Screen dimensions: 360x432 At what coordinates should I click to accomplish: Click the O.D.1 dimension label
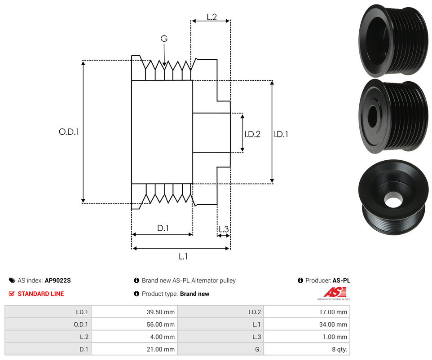pyautogui.click(x=69, y=132)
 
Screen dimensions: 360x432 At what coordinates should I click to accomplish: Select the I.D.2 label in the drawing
pyautogui.click(x=252, y=134)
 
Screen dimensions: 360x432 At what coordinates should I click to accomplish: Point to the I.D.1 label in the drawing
pyautogui.click(x=281, y=134)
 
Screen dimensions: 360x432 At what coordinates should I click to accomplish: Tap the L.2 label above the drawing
pyautogui.click(x=212, y=17)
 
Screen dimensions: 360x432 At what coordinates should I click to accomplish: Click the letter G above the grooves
pyautogui.click(x=164, y=39)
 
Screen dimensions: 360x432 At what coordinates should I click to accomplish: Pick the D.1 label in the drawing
pyautogui.click(x=163, y=228)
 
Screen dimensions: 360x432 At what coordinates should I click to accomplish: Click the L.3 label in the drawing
pyautogui.click(x=223, y=230)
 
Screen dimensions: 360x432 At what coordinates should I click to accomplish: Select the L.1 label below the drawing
pyautogui.click(x=183, y=256)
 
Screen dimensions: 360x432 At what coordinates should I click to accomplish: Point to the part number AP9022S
pyautogui.click(x=57, y=281)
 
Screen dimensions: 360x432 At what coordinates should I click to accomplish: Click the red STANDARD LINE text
pyautogui.click(x=40, y=294)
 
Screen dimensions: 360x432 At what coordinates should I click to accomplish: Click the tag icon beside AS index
pyautogui.click(x=12, y=281)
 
